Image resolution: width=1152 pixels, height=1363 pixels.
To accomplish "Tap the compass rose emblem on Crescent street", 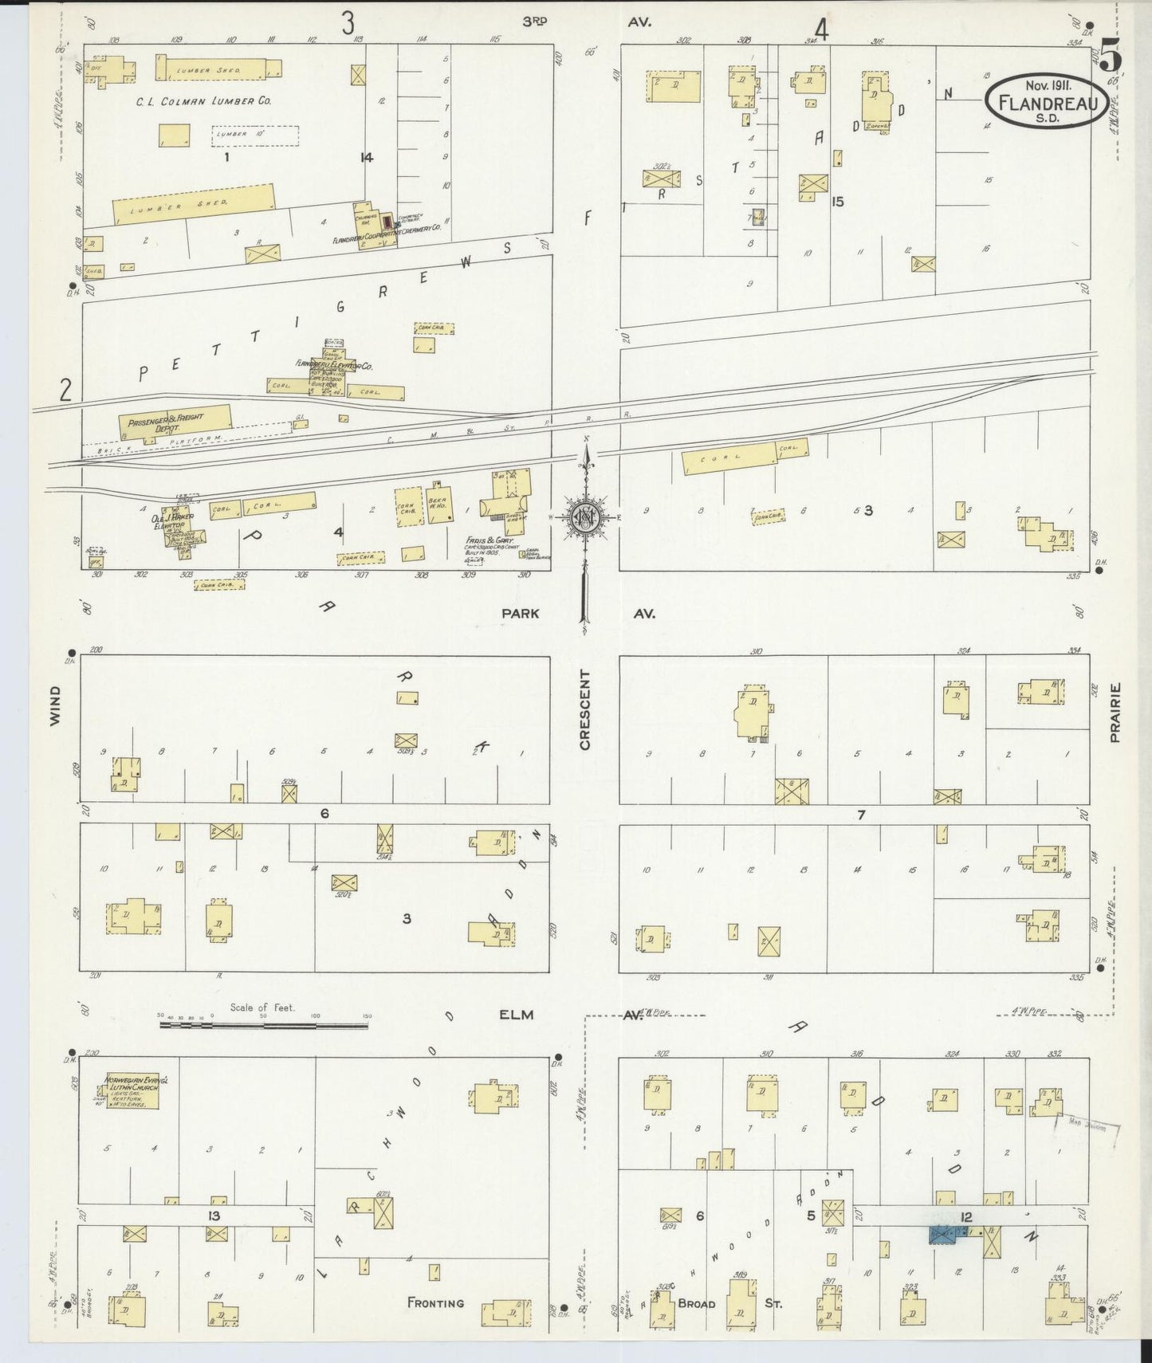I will tap(585, 517).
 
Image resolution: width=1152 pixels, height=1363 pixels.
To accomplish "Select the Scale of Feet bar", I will tap(263, 1024).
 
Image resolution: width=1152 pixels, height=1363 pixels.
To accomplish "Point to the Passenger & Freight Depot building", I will tap(175, 422).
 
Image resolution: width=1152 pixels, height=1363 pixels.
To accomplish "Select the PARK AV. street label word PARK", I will tap(520, 613).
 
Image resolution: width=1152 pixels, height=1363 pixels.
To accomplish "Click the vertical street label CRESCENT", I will tap(585, 709).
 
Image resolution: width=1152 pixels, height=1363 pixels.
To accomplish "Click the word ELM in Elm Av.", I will tap(516, 1015).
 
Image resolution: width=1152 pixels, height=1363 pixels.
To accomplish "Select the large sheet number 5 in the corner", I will tap(1111, 57).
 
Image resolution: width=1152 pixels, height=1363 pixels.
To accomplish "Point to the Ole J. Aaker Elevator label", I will tap(171, 522).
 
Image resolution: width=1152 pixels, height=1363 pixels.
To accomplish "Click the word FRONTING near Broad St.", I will tap(435, 1302).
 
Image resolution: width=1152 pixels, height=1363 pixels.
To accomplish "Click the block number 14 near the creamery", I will tap(366, 157).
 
